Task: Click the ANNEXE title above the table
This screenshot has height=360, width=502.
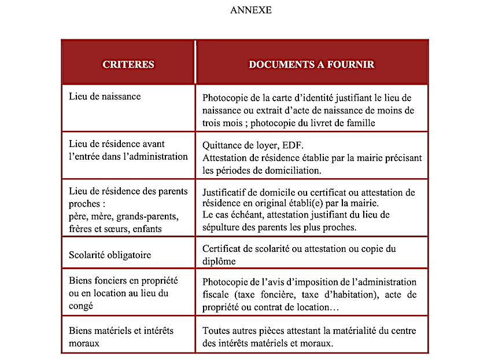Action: click(x=251, y=10)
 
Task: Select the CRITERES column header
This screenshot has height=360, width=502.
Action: click(x=128, y=64)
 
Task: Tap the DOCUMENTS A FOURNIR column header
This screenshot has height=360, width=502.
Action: click(x=312, y=64)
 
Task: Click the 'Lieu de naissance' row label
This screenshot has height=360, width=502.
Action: click(x=105, y=96)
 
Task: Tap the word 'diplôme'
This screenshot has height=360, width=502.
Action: click(x=219, y=261)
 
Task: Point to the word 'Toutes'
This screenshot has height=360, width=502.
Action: click(x=216, y=331)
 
